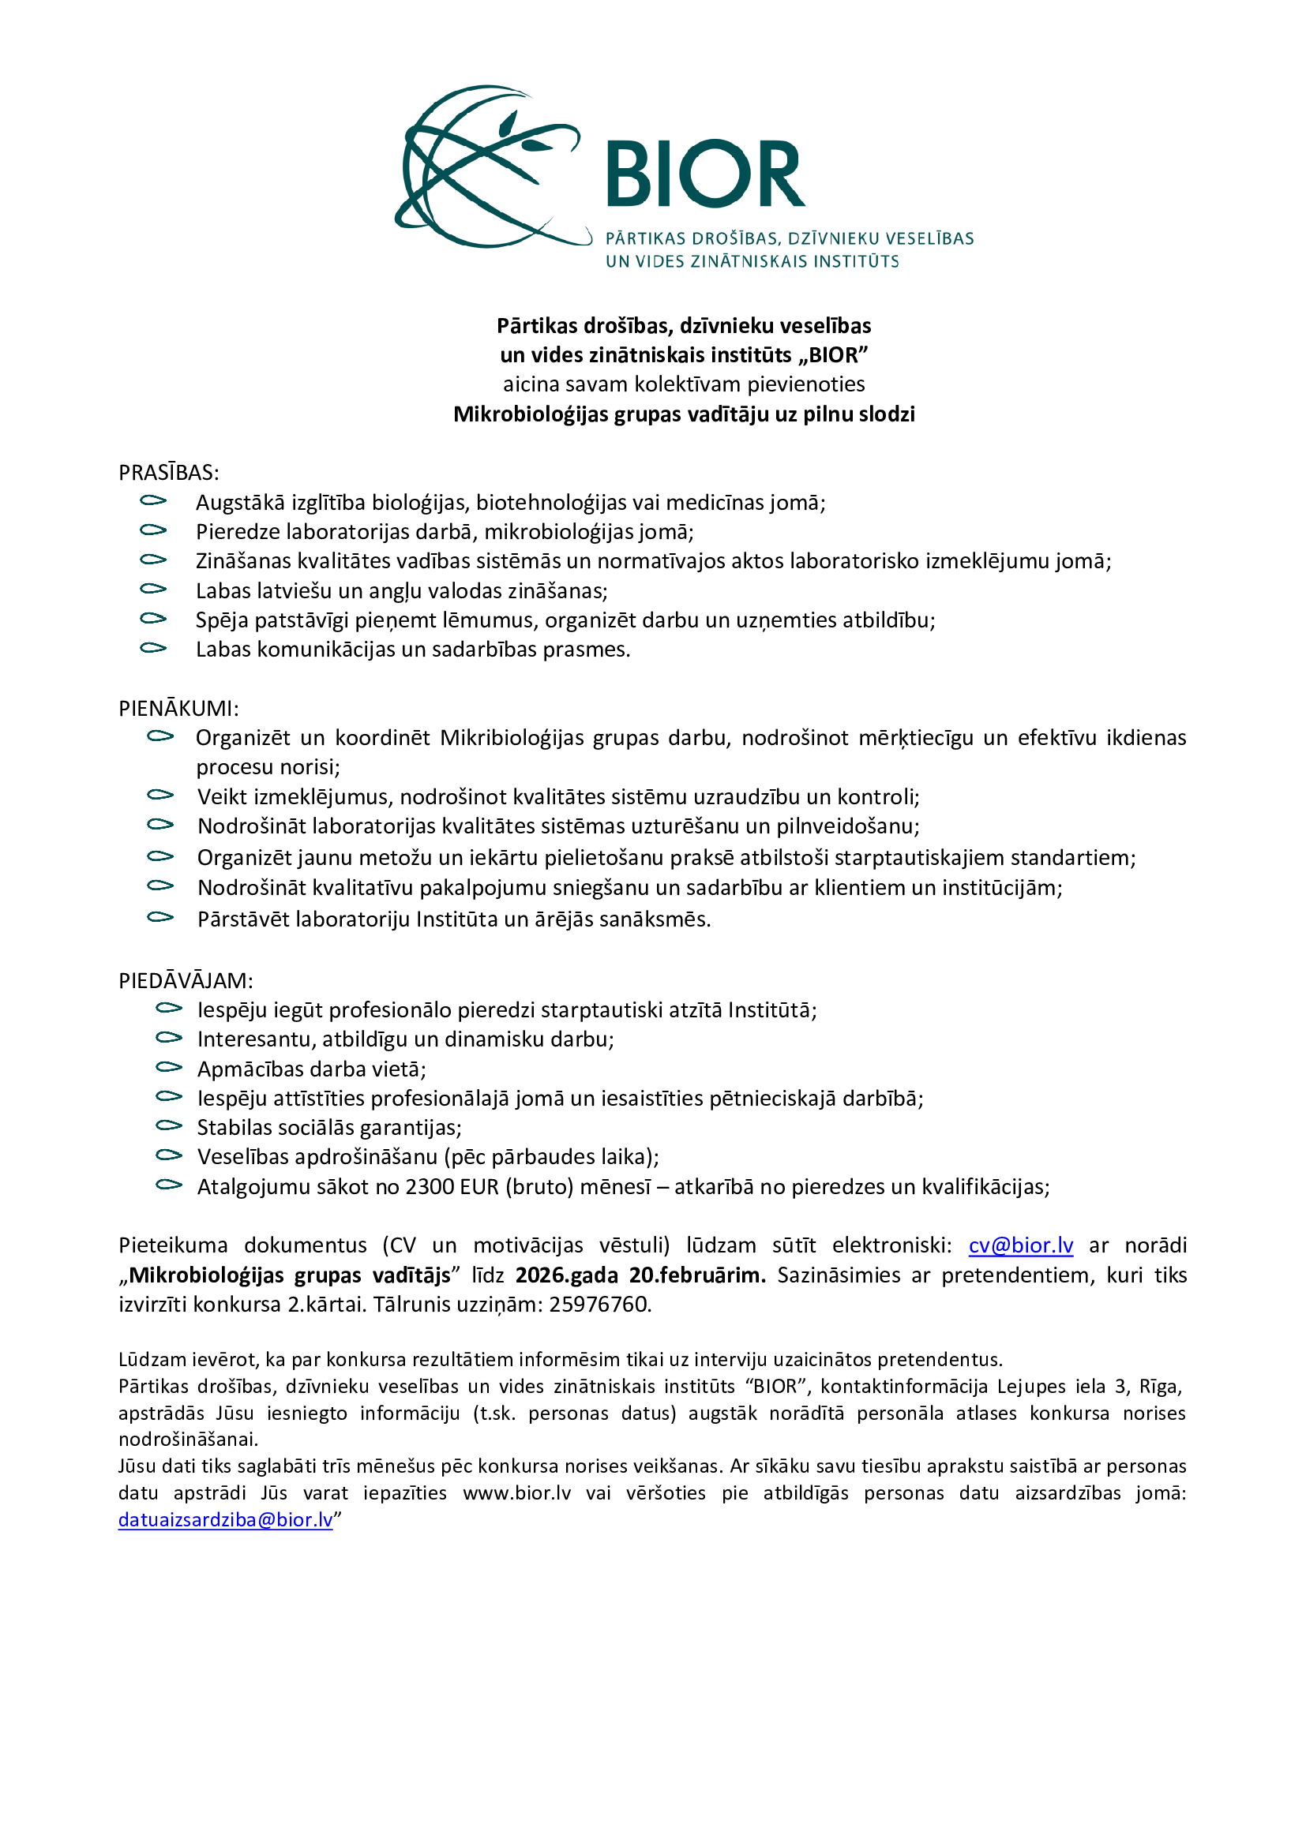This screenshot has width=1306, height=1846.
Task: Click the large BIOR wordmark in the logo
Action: tap(704, 174)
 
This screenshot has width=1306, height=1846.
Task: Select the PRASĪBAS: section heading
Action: tap(169, 473)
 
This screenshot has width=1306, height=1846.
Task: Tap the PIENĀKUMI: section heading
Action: tap(178, 708)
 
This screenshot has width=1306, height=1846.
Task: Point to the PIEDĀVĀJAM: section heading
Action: tap(186, 981)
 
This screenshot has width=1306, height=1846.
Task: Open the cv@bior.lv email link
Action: tap(1020, 1245)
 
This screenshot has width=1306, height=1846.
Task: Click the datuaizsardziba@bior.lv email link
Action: tap(225, 1519)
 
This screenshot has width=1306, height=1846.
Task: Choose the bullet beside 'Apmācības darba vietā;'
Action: tap(169, 1068)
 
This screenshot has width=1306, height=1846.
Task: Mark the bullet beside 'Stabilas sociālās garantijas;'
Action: tap(169, 1126)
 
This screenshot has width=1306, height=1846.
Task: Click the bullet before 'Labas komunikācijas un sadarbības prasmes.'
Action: tap(153, 648)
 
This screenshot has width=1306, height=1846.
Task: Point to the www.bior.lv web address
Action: tap(517, 1493)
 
